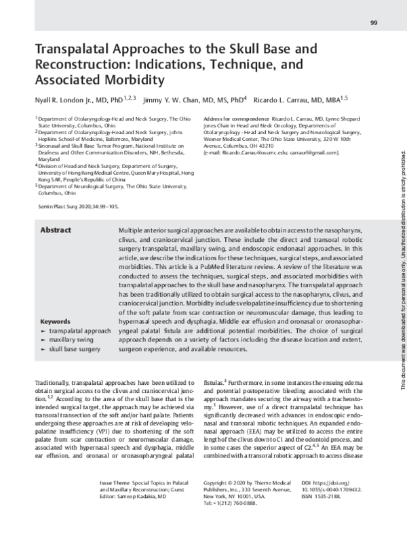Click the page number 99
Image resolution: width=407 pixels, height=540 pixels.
374,24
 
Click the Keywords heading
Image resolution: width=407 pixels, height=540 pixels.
56,321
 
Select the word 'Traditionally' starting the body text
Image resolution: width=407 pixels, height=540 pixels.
54,383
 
